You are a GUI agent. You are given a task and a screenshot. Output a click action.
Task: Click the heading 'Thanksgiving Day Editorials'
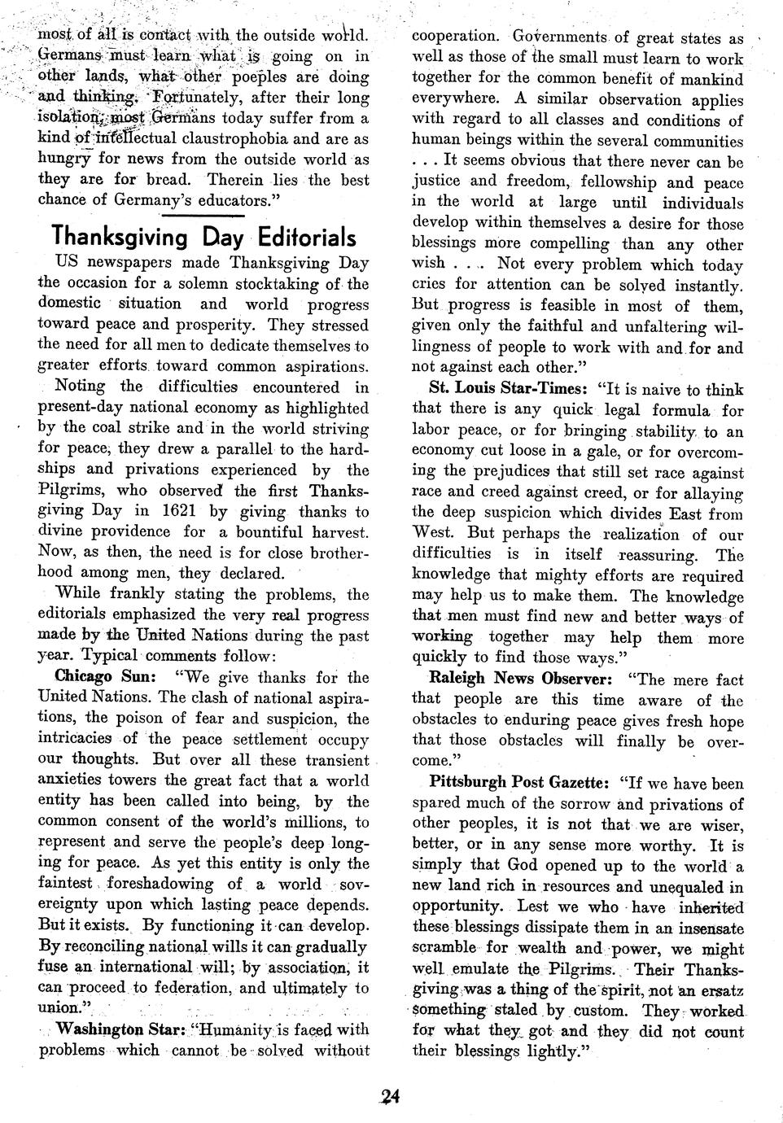tap(203, 237)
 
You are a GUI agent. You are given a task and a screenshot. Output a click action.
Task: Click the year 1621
tap(177, 511)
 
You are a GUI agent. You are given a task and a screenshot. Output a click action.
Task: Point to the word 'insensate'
tap(711, 928)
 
